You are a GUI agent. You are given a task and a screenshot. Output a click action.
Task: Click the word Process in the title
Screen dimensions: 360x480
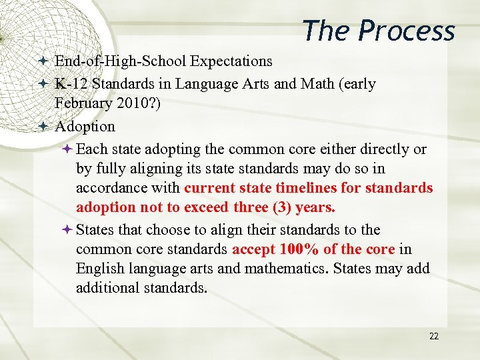[407, 31]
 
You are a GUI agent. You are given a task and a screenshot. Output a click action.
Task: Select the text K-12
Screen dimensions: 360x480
[71, 84]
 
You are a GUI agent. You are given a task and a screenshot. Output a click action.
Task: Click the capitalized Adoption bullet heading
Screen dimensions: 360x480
[85, 126]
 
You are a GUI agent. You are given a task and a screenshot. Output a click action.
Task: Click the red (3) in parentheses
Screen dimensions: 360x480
[281, 207]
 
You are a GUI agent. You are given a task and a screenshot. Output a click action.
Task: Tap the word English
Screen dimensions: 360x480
[99, 269]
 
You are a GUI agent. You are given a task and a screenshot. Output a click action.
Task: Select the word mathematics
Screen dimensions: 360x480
[291, 269]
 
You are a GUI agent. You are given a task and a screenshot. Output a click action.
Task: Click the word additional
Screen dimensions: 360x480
[105, 288]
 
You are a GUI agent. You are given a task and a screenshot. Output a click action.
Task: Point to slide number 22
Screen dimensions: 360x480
[434, 337]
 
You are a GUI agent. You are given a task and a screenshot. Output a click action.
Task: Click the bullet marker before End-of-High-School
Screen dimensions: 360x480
[43, 61]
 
